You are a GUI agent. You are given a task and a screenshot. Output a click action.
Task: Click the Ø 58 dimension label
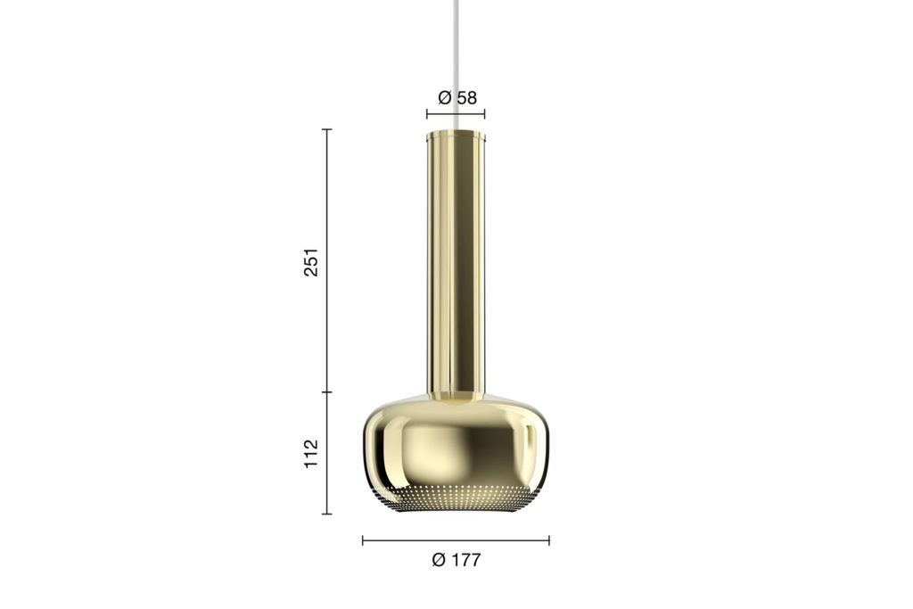click(457, 98)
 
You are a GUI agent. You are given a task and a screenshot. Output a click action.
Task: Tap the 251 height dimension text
click(311, 262)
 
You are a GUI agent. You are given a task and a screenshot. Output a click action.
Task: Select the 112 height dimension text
click(311, 454)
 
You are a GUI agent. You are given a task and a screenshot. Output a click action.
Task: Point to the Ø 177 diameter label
click(456, 560)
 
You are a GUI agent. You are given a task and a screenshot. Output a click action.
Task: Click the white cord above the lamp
click(456, 65)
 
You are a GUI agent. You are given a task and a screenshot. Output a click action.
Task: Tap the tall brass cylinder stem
click(456, 265)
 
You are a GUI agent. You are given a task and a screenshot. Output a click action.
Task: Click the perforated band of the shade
click(456, 498)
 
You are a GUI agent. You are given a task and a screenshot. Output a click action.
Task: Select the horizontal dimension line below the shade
click(456, 541)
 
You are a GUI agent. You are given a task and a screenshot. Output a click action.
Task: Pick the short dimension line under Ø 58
click(456, 114)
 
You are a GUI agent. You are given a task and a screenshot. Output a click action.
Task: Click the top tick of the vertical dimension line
click(326, 129)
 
